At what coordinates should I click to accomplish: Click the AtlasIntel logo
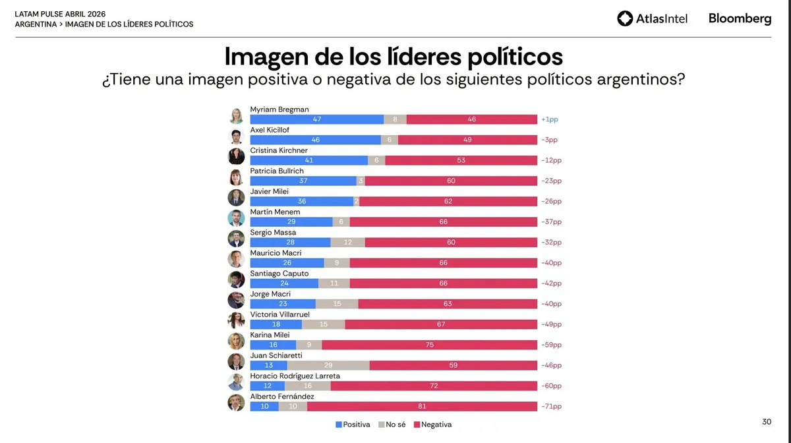click(x=652, y=18)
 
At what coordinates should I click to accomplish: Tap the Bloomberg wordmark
click(x=740, y=18)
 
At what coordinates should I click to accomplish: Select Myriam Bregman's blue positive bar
click(x=316, y=119)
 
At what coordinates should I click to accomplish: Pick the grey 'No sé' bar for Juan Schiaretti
click(x=328, y=365)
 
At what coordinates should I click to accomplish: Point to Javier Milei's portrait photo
click(x=236, y=198)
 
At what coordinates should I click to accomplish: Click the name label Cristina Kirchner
click(x=279, y=150)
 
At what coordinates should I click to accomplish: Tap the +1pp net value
click(x=549, y=119)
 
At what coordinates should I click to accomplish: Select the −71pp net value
click(x=550, y=406)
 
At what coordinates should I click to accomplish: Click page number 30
click(x=766, y=421)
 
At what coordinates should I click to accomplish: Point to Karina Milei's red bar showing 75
click(x=429, y=345)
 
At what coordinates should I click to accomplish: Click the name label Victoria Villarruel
click(x=279, y=314)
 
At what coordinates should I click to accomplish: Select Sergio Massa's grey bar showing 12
click(x=347, y=243)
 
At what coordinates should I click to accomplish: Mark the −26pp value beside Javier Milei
click(x=550, y=201)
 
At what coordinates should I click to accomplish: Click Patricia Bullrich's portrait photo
click(x=236, y=177)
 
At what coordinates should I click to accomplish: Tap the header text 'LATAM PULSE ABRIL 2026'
click(x=60, y=13)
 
